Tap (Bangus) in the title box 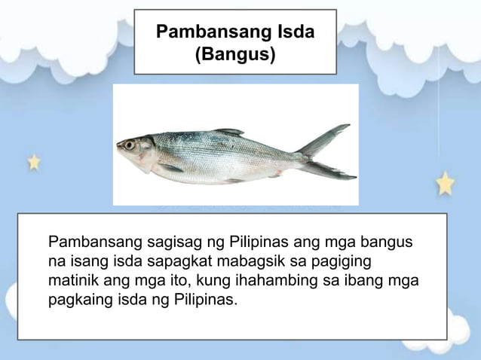[235, 55]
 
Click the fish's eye [130, 144]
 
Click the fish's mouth [119, 148]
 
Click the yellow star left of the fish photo [34, 161]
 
